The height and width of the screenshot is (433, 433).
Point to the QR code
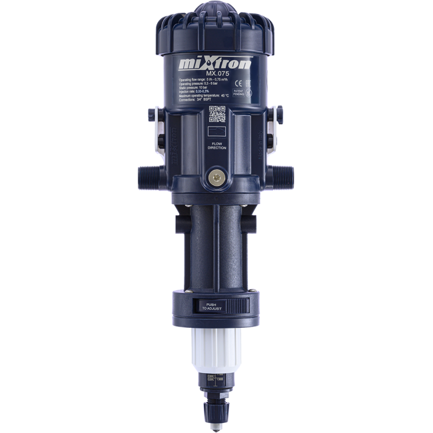pos(217,115)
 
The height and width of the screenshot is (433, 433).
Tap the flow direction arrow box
pos(217,132)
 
